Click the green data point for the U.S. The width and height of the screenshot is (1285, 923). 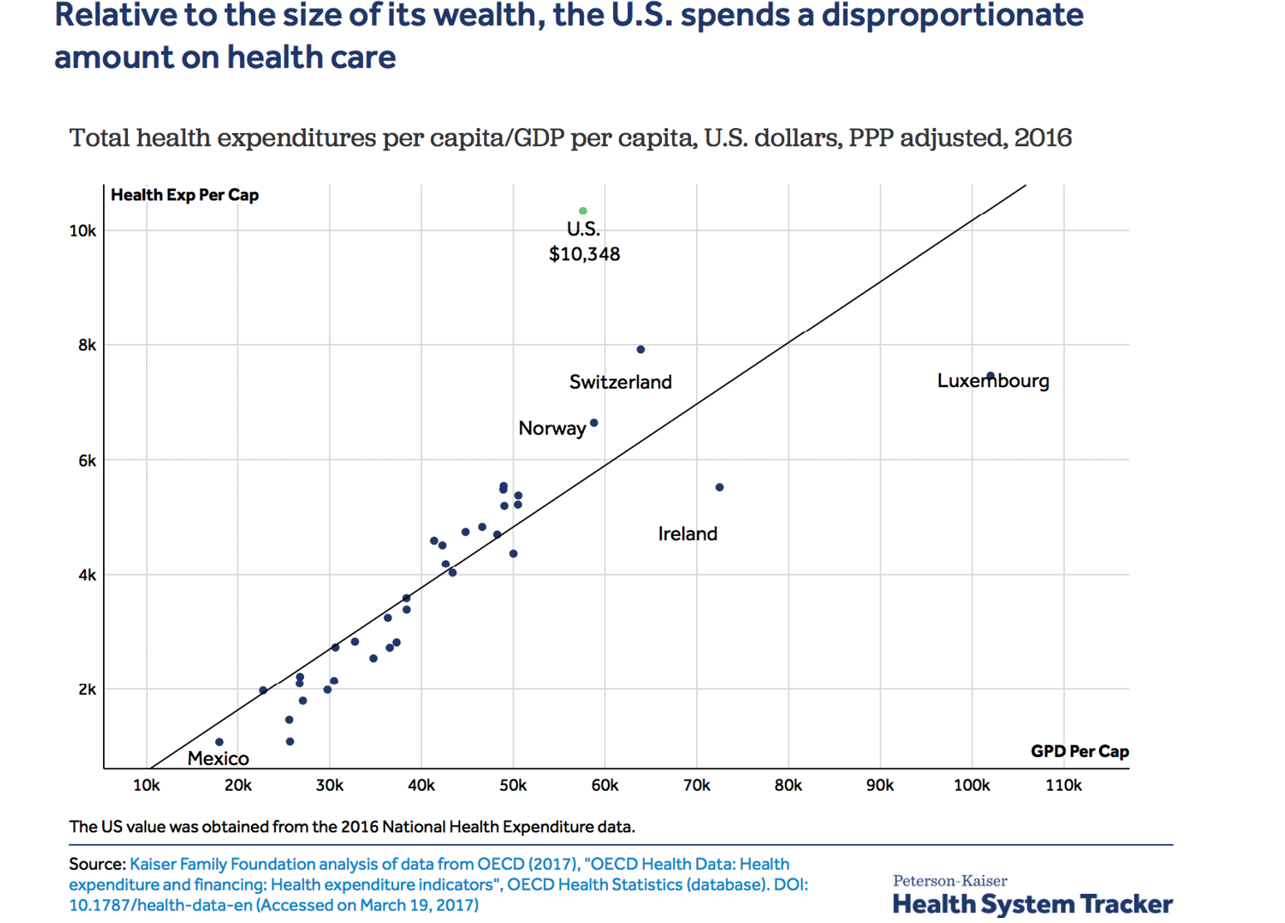pos(583,211)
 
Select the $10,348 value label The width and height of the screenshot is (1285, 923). pos(584,254)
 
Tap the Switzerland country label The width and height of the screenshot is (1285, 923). pos(620,382)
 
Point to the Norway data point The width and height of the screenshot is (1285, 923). pos(594,423)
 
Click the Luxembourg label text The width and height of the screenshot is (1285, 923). pos(993,381)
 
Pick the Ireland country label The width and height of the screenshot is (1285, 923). pos(688,534)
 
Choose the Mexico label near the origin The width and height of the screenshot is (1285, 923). pos(218,759)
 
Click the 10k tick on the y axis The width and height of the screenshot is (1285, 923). pos(82,231)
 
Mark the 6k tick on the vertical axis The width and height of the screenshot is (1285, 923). pos(86,461)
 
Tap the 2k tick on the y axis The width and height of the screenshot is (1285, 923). pos(86,690)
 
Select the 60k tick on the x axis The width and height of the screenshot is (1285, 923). pos(605,786)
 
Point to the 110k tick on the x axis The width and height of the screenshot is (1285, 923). pos(1063,786)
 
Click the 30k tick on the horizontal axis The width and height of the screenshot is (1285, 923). pos(330,786)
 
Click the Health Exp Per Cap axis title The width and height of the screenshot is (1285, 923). pos(184,195)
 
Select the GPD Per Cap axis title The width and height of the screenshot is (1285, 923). pos(1079,752)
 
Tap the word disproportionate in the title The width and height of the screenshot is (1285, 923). pos(953,16)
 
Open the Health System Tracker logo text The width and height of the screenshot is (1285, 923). pos(1032,904)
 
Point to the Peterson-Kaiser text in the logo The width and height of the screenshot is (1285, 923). pos(949,881)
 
